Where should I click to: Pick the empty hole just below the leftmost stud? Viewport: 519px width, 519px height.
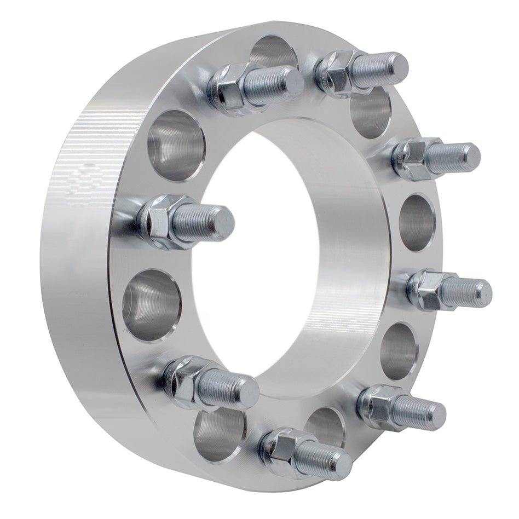point(151,304)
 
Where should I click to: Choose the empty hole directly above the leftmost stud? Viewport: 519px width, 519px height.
point(175,145)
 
